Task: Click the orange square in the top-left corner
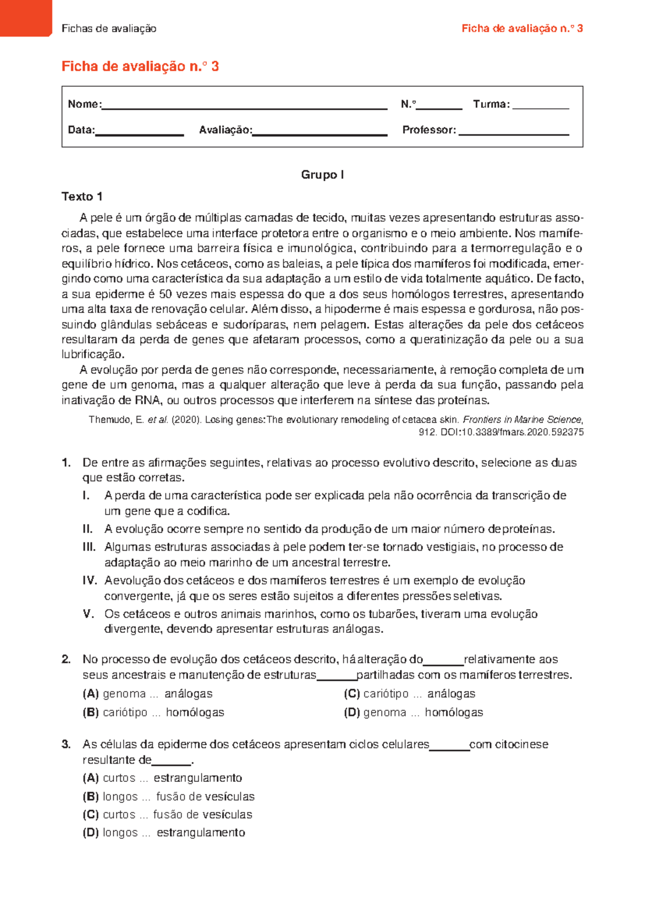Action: point(25,17)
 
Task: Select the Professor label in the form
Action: point(429,130)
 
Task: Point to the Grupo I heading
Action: point(322,175)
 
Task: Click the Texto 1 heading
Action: point(82,197)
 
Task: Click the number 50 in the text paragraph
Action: point(166,294)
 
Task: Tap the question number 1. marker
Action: point(67,463)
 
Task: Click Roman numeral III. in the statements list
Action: point(89,547)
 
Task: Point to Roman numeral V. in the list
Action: point(89,614)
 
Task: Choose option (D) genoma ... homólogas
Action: point(413,712)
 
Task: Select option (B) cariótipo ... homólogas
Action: point(153,712)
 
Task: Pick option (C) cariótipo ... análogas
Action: point(410,694)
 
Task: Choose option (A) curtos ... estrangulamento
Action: point(162,778)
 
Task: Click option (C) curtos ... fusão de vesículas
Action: point(167,815)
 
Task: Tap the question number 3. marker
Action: point(67,745)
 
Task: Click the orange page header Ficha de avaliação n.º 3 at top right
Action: point(522,28)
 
